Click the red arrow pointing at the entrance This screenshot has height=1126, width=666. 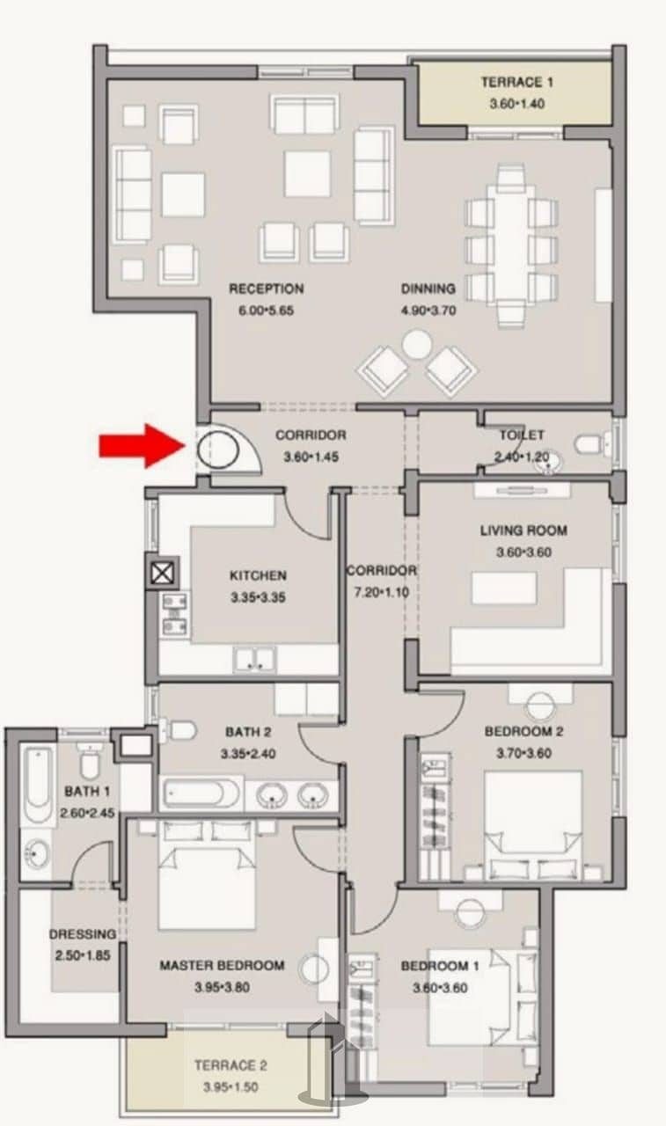[x=142, y=446]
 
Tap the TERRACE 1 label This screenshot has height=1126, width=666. [x=516, y=82]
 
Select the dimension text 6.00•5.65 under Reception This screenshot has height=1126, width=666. [x=266, y=311]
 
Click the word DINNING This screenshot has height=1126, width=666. [x=428, y=289]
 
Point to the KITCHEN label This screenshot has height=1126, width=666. [x=258, y=575]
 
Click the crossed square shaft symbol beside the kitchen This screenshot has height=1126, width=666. [x=162, y=573]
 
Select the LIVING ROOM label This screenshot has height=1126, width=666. [x=523, y=530]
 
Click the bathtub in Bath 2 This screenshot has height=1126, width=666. [x=201, y=794]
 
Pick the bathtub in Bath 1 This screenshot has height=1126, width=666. [x=38, y=784]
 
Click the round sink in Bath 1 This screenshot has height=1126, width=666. [x=36, y=853]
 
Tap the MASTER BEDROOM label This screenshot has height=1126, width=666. [x=222, y=965]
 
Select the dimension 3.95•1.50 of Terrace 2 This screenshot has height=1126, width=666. [x=231, y=1086]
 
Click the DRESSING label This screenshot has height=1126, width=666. [x=83, y=934]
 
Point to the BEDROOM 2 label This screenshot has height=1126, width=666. [x=523, y=731]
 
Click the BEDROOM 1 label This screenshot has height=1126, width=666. [x=440, y=966]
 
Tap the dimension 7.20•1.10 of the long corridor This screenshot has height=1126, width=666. [x=382, y=592]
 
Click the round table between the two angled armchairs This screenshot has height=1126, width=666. [x=417, y=344]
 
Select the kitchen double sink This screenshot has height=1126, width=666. [x=255, y=659]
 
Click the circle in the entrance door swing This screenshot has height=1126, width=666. [x=217, y=449]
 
